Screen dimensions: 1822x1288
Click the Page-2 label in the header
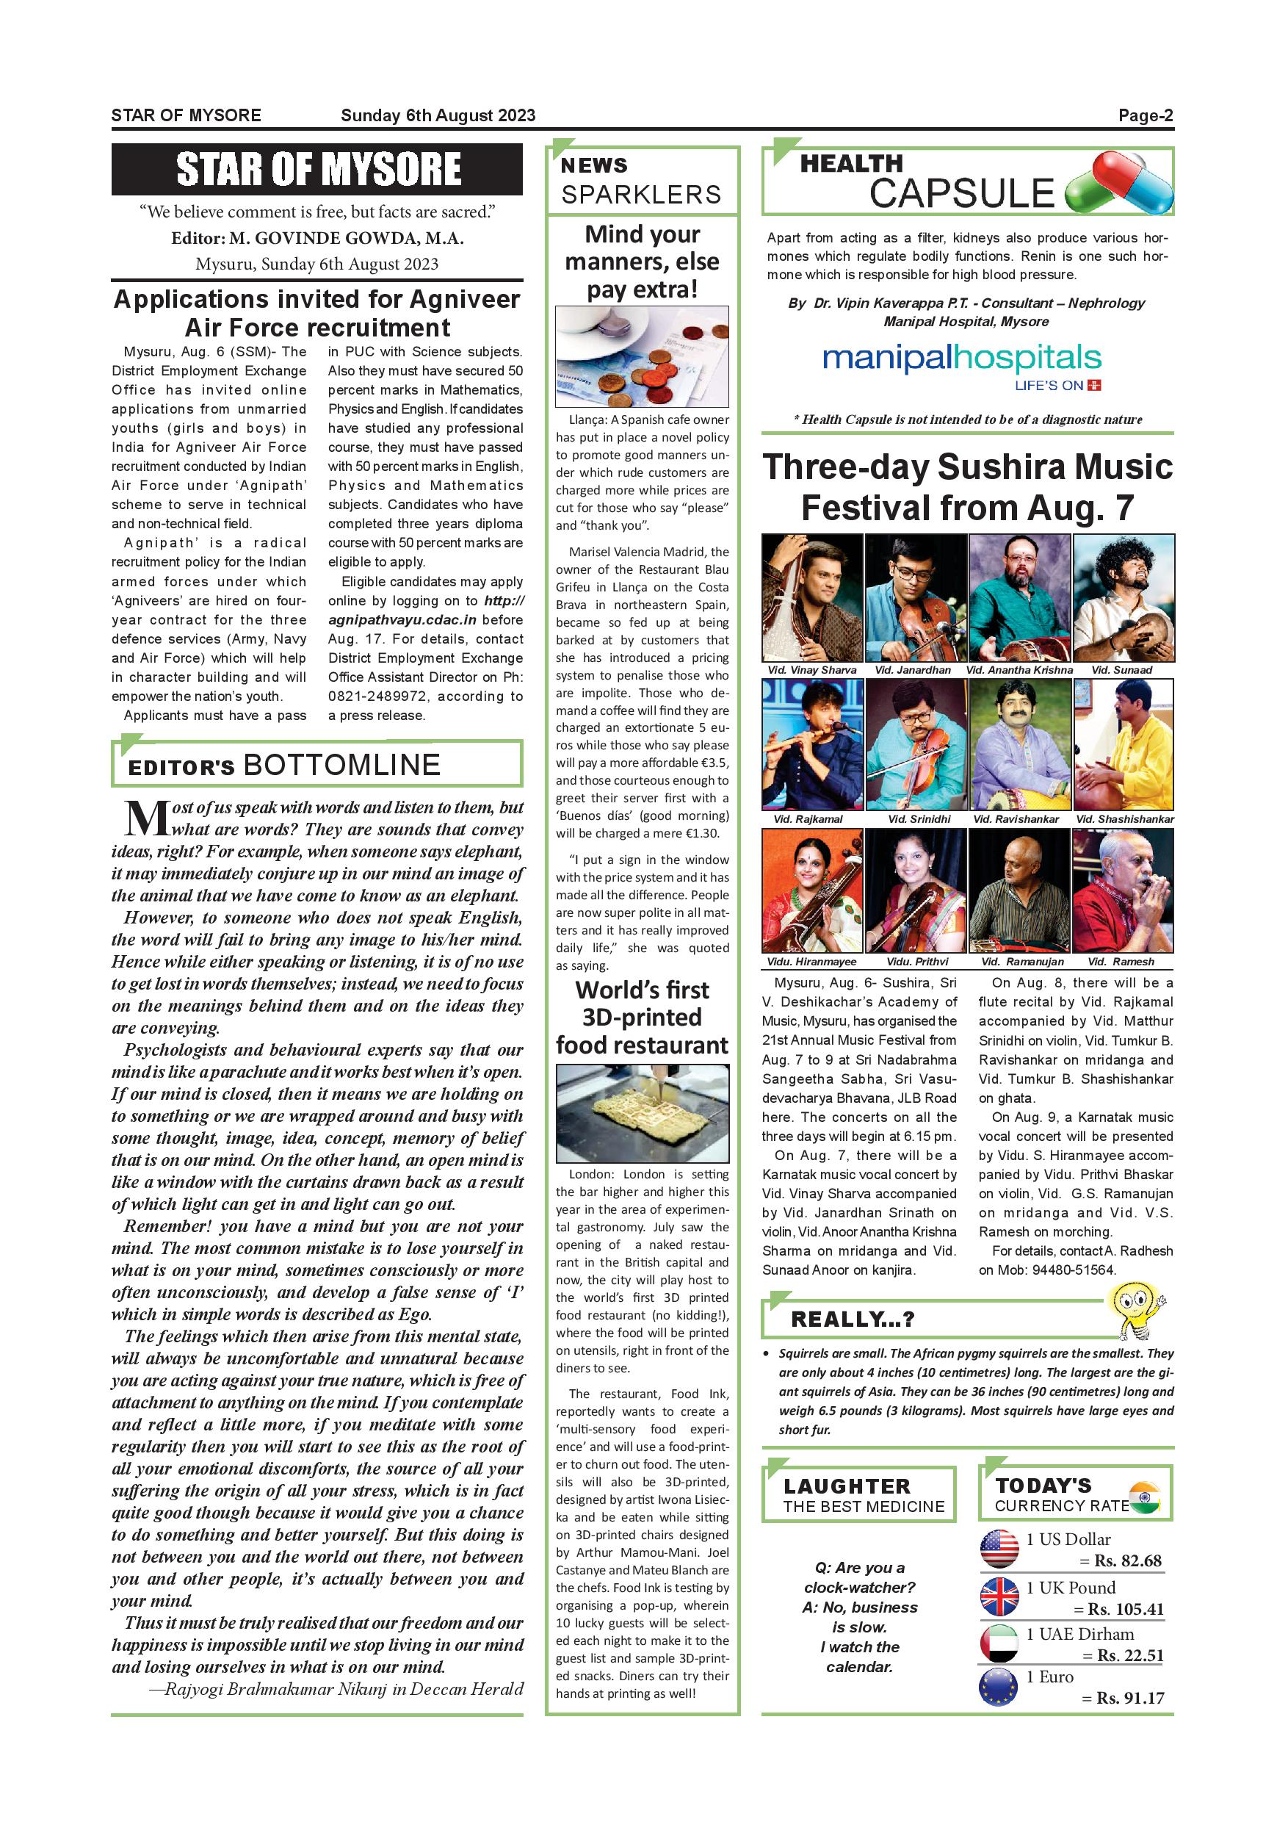click(1146, 115)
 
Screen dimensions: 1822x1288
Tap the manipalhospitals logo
click(962, 365)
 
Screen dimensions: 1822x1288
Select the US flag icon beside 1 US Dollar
click(999, 1550)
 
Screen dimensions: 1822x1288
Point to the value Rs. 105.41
click(1126, 1610)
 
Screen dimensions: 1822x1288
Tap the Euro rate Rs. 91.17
click(1130, 1698)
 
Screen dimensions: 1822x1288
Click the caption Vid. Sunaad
click(1121, 670)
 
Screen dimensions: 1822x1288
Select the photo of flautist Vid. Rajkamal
click(812, 744)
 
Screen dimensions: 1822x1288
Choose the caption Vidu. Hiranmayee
click(811, 962)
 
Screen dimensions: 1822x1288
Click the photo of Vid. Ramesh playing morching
click(1122, 890)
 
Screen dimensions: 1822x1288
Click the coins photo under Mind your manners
click(642, 357)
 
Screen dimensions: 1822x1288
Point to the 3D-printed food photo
click(642, 1113)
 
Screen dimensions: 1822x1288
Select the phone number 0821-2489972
click(372, 696)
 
